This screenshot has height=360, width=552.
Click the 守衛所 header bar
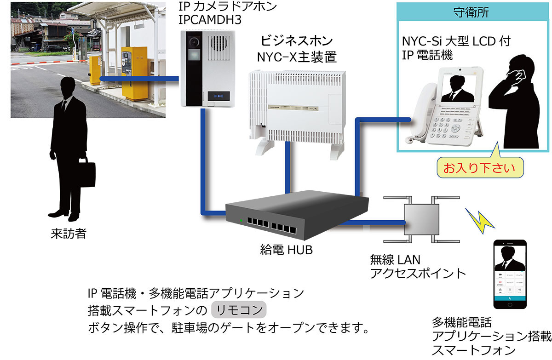(473, 12)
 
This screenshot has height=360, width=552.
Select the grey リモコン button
(238, 309)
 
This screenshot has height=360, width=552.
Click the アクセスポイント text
(418, 273)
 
